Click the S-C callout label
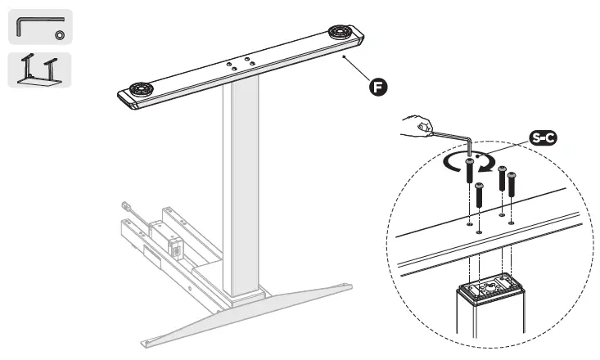tap(543, 138)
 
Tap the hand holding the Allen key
tap(418, 126)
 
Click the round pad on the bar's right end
tap(341, 33)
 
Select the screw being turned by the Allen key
tap(469, 171)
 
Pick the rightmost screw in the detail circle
tap(511, 183)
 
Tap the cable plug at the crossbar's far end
tap(126, 207)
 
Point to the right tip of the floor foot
tap(350, 286)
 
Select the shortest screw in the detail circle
tap(480, 196)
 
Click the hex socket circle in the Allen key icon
tap(60, 34)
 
